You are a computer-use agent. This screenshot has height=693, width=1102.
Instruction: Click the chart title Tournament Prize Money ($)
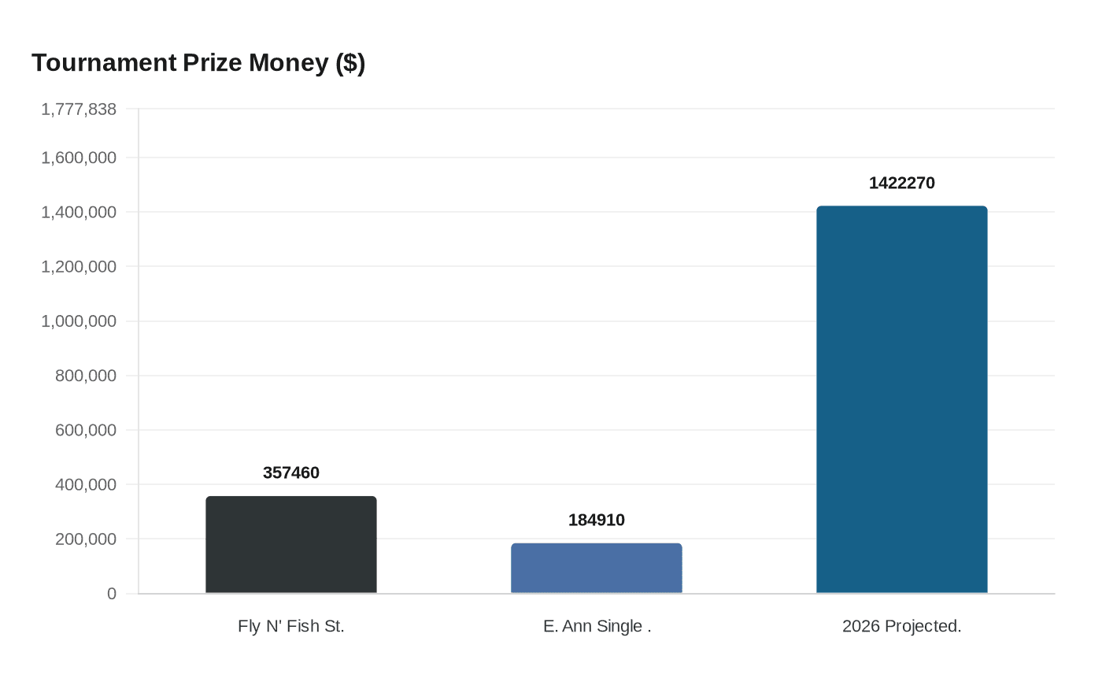198,63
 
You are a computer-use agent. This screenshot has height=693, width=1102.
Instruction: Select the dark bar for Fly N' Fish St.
291,545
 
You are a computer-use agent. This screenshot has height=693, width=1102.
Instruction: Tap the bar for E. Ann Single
597,569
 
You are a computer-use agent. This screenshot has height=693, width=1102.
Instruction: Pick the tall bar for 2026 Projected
902,400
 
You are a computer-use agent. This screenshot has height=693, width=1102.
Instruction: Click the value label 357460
291,472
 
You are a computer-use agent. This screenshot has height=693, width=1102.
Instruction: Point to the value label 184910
597,520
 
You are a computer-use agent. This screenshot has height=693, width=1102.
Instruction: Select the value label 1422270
902,183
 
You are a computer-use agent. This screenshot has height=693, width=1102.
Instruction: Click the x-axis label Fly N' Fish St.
291,626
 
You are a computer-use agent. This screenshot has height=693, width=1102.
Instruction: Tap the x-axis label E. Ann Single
597,626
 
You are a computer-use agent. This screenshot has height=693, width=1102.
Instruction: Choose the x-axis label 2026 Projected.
902,626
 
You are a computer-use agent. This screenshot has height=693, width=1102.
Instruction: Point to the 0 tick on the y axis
112,594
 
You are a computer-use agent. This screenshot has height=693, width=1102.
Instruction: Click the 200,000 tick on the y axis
86,539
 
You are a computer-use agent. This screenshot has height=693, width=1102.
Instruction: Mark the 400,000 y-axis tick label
86,485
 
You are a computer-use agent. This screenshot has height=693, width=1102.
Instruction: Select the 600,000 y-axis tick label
86,430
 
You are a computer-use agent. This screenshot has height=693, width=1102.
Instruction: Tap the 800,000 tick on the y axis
86,376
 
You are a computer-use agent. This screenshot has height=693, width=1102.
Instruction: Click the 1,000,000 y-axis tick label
79,321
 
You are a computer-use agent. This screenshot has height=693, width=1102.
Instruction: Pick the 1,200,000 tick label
79,267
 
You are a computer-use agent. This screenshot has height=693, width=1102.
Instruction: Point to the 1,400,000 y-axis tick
79,212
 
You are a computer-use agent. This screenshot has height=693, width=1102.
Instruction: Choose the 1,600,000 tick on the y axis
79,157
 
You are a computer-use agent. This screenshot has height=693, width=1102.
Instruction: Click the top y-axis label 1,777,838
79,109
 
